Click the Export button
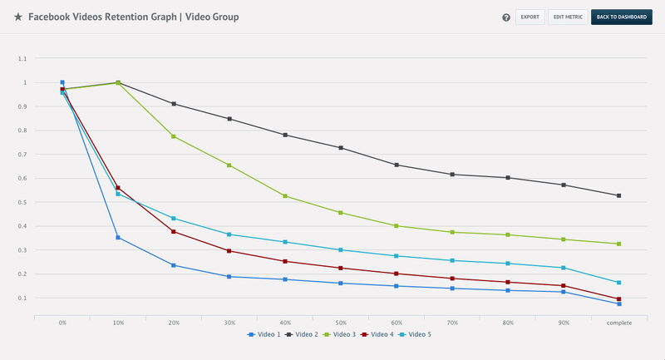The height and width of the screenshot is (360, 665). pos(530,17)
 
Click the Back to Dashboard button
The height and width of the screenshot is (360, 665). pos(622,17)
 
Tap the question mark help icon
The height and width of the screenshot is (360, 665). pos(506,17)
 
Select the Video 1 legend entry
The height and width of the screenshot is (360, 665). pos(264,334)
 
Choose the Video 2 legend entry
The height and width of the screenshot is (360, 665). pos(301,334)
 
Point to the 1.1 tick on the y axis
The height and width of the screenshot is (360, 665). pos(22,59)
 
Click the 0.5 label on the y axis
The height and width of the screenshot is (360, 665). pos(22,202)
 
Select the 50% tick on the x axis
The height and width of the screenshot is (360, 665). pos(340,323)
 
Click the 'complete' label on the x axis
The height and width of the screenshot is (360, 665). pos(618,323)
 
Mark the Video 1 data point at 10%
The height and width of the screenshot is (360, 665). pos(118,238)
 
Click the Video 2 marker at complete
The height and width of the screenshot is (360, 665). pos(618,195)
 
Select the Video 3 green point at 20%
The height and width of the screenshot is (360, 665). pos(174,136)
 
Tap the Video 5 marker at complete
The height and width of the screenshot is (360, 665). pos(618,283)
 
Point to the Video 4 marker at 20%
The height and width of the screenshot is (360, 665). pos(174,231)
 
